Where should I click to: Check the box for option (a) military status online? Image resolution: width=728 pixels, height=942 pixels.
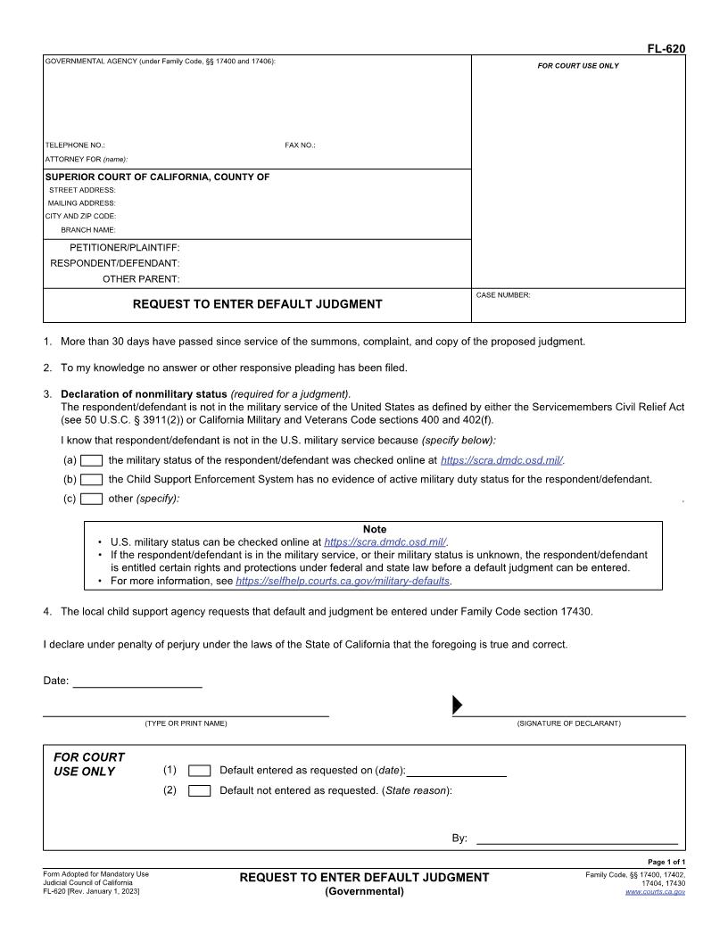pos(91,460)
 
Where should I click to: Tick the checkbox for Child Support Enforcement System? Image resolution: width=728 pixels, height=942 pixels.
pos(91,479)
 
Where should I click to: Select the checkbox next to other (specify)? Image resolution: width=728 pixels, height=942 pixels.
pos(91,499)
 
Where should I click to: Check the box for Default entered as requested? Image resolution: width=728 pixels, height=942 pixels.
pos(200,771)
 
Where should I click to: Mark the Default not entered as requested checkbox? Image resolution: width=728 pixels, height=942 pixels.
pos(200,790)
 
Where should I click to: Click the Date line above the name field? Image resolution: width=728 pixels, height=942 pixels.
pos(136,682)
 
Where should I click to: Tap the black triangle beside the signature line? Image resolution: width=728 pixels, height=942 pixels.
pos(458,706)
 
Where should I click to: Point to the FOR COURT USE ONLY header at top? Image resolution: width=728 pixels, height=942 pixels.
pos(577,66)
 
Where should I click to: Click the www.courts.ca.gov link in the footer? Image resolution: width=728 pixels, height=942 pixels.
pos(655,891)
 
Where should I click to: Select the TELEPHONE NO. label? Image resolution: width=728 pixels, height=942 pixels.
pos(75,145)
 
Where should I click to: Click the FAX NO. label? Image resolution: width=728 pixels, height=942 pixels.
pos(300,145)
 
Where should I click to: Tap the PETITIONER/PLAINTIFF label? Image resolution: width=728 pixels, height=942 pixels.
pos(125,247)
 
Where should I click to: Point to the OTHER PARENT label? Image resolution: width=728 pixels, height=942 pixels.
pos(141,279)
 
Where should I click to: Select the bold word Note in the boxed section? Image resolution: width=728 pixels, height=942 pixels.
pos(375,529)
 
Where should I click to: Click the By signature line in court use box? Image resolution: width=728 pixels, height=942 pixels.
pos(576,839)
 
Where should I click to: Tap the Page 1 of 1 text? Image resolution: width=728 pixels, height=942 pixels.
pos(666,862)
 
